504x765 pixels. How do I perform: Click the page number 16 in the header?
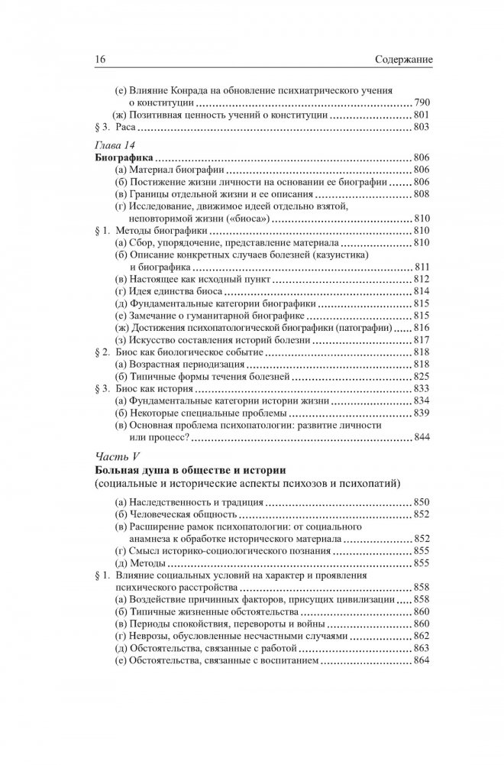(x=78, y=59)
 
